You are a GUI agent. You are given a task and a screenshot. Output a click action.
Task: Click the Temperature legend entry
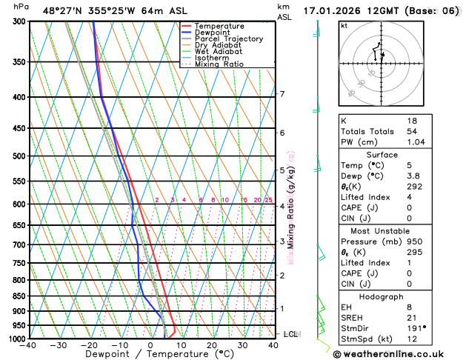(219, 26)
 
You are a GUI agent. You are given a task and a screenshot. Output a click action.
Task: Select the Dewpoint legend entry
(213, 33)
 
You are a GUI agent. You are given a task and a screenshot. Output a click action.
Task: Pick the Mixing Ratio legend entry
(219, 64)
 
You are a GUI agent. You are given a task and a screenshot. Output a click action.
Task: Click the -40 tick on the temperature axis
(29, 345)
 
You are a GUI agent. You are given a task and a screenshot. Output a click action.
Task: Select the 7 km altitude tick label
(282, 94)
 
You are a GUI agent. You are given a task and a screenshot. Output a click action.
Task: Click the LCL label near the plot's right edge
(290, 334)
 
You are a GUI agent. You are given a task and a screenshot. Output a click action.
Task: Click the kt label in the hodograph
(344, 25)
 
